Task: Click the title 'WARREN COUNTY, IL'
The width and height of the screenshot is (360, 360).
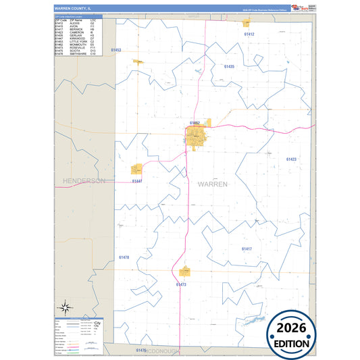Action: coord(67,8)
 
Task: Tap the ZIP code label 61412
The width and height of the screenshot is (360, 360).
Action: coord(249,34)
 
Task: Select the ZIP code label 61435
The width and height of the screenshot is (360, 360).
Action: coord(229,67)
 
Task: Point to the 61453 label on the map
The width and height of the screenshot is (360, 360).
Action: coord(116,50)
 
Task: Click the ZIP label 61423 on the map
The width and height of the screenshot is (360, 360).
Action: coord(291,159)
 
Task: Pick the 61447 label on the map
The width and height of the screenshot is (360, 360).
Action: coord(138,181)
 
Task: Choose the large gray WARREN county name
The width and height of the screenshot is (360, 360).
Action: coord(213,184)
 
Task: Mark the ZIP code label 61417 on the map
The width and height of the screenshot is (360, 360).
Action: coord(247,249)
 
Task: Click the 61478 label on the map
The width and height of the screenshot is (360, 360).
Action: coord(124,257)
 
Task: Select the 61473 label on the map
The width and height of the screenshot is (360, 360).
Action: coord(181,284)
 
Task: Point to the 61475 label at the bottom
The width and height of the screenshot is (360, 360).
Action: coord(140,351)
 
